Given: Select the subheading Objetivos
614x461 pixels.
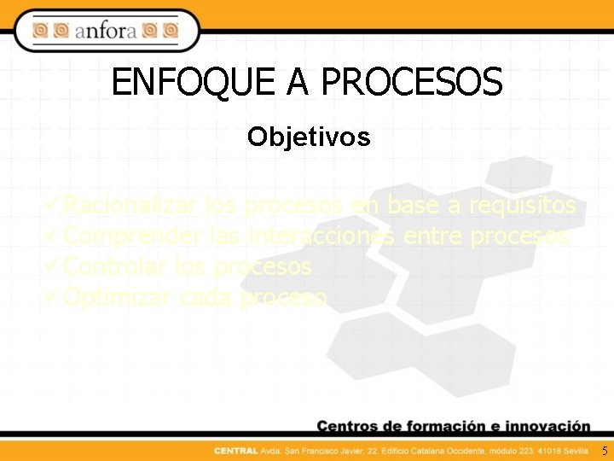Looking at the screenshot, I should coord(309,137).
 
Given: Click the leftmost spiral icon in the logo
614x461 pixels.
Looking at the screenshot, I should coord(40,32).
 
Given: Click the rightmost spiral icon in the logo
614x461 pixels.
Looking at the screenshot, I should coord(170,32).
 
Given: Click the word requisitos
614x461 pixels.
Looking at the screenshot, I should coord(523,206).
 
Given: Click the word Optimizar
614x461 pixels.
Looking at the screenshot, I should coord(118,297).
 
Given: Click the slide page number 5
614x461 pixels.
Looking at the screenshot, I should coord(605,450).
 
